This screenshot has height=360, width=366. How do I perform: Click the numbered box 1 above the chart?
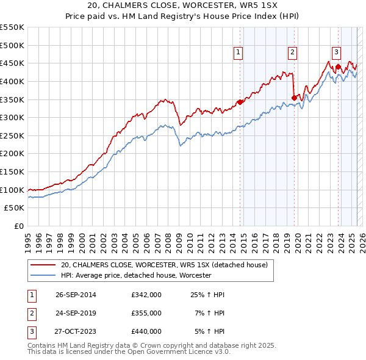(x=237, y=53)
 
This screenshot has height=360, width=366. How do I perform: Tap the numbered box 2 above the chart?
(x=293, y=53)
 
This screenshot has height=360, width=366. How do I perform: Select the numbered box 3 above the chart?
(x=336, y=53)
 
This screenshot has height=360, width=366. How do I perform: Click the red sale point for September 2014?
(x=240, y=102)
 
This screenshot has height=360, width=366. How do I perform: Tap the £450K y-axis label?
(x=12, y=63)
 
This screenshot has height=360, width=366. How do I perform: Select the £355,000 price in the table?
(x=146, y=313)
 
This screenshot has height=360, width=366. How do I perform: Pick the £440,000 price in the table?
(x=146, y=331)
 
